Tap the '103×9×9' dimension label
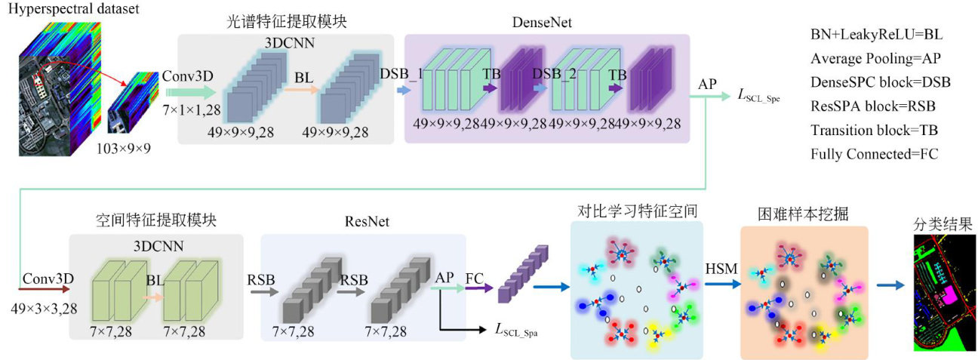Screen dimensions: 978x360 [124, 148]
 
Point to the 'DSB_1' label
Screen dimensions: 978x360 [401, 74]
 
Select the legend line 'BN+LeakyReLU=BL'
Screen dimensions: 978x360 [876, 35]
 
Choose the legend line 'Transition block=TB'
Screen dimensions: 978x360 [874, 130]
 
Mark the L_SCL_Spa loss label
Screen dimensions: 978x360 [521, 328]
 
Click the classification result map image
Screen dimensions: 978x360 [943, 294]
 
